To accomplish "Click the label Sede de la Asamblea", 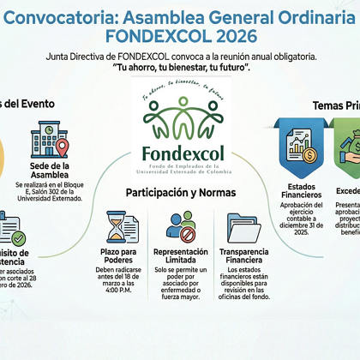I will (x=48, y=171).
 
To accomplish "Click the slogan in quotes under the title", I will (x=181, y=67).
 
